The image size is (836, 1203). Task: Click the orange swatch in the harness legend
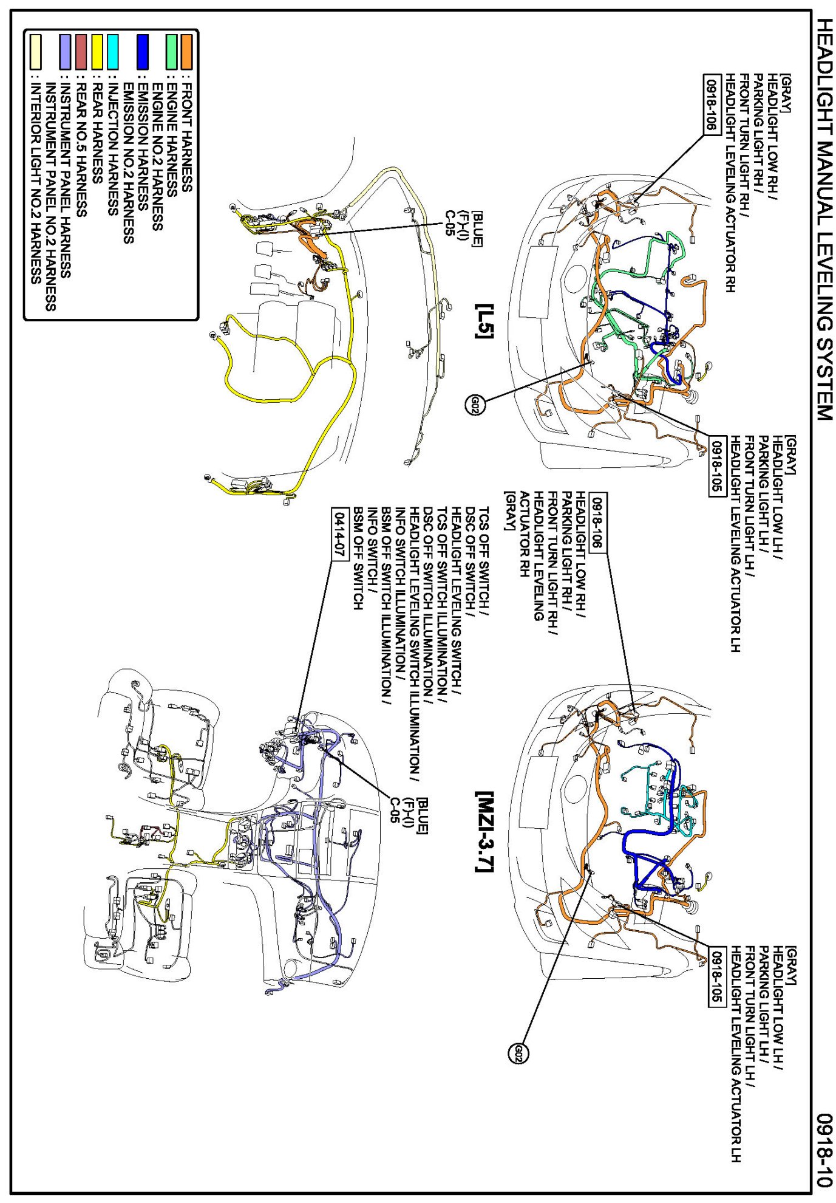187,51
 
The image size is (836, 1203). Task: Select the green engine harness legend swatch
172,51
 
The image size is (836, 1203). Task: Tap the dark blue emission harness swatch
143,51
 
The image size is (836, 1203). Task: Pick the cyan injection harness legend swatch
113,51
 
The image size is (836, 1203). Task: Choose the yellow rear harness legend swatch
97,51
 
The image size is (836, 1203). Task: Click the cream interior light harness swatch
36,51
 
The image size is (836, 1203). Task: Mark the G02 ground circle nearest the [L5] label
475,404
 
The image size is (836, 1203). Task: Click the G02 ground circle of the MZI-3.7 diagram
518,1054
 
